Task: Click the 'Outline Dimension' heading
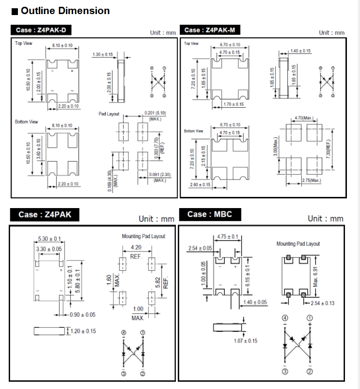point(65,11)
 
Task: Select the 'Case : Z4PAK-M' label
point(210,30)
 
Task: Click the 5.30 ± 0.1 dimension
point(49,239)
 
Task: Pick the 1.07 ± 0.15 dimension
point(246,341)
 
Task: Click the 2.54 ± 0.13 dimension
point(323,303)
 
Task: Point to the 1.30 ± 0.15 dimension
point(102,54)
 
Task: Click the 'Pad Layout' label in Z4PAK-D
point(109,113)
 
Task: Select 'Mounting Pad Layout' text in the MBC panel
point(298,243)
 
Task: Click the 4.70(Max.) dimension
point(304,118)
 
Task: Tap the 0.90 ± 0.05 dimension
point(83,314)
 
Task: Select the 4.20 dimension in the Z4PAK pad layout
point(136,247)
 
